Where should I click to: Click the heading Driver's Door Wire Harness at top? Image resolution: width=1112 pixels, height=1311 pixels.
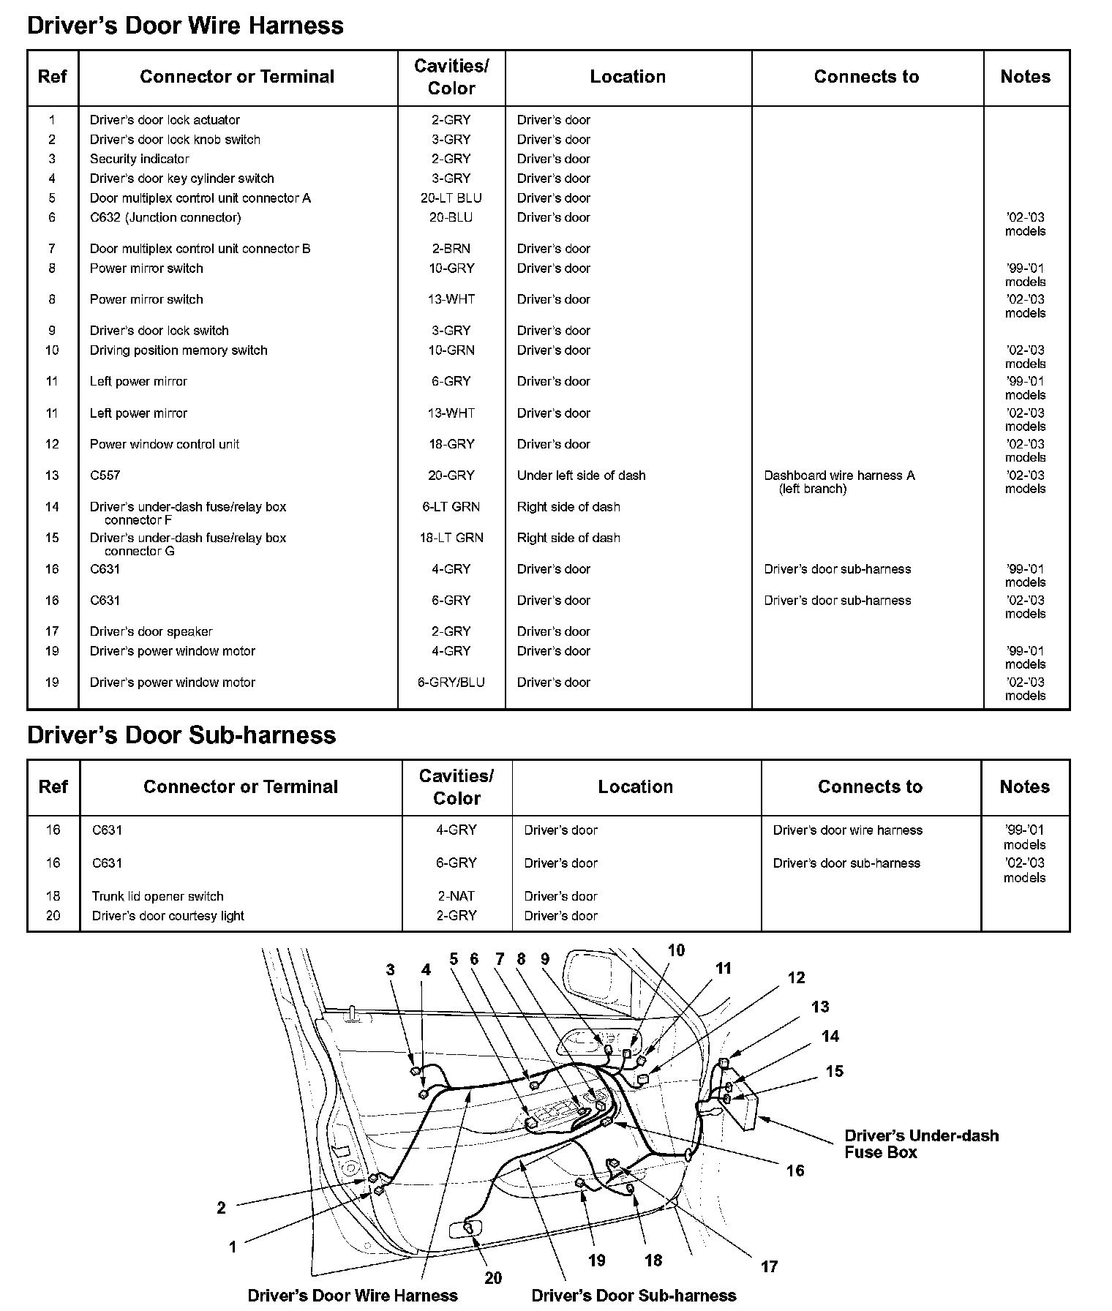(x=185, y=26)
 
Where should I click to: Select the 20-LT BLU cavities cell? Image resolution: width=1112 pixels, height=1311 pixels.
(x=451, y=198)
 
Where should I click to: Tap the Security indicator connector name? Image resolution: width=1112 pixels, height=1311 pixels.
(x=139, y=159)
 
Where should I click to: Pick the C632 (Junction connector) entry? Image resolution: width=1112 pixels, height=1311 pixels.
(x=165, y=217)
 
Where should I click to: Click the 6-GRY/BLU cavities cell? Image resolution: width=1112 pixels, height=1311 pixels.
(x=451, y=683)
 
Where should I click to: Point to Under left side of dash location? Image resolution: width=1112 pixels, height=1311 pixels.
(x=581, y=476)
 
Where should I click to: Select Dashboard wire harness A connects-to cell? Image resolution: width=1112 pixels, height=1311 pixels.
(x=838, y=481)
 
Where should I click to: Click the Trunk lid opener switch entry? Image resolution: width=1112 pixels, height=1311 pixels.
(x=157, y=896)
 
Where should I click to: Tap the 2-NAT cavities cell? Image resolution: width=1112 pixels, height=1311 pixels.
(x=456, y=896)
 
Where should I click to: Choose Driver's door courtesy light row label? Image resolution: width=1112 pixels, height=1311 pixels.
(x=168, y=916)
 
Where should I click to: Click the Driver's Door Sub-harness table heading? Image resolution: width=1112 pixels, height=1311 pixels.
(x=181, y=735)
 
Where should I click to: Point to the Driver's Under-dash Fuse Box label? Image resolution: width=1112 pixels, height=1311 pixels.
(x=920, y=1143)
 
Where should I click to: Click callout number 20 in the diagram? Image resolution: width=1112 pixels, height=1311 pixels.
(x=493, y=1277)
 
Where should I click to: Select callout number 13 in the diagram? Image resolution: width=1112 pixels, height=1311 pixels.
(x=820, y=1007)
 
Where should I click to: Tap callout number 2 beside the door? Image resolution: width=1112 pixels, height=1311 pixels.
(x=221, y=1208)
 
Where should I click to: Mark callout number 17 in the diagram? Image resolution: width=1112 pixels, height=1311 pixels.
(x=769, y=1266)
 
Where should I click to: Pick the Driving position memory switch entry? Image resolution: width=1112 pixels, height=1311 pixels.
(x=179, y=350)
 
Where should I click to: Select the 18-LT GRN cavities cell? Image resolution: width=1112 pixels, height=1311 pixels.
(x=451, y=538)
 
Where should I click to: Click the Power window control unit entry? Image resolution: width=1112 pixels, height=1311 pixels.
(x=165, y=444)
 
